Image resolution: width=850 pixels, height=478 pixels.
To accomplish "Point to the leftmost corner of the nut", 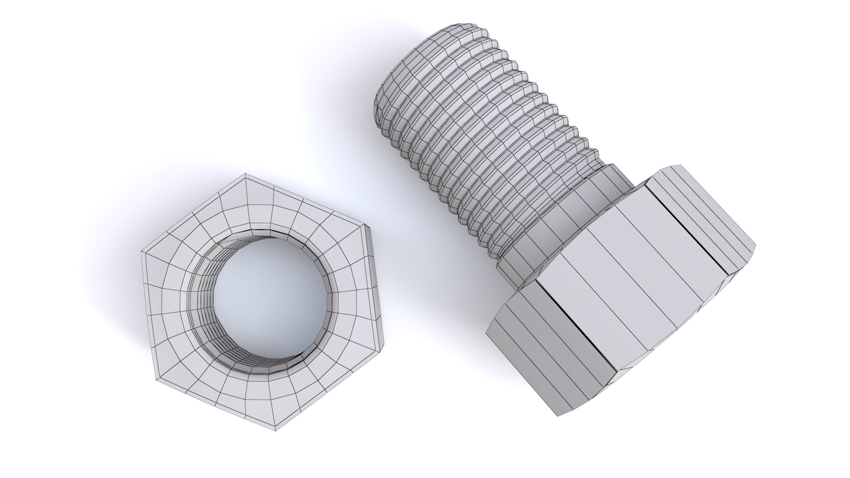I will point(142,253).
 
